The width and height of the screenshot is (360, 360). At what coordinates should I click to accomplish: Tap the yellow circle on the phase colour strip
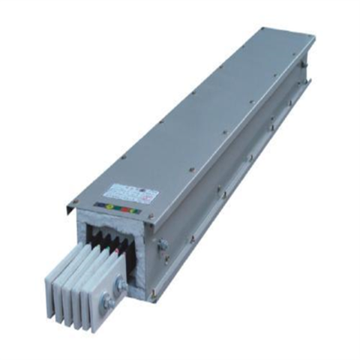tap(112, 208)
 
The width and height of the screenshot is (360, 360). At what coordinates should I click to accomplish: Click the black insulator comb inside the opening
tap(101, 240)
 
